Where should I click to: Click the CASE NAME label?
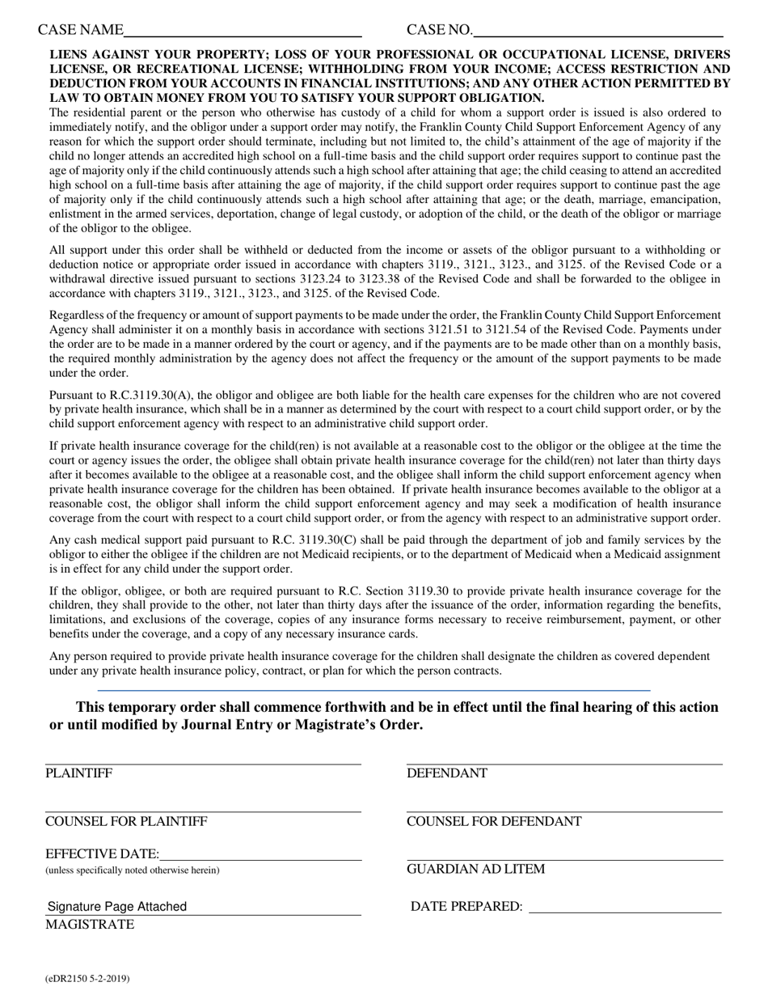click(80, 31)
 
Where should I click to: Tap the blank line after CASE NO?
click(597, 32)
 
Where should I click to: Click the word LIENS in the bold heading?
click(69, 56)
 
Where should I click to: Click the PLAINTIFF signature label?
click(78, 773)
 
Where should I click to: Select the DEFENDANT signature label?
click(447, 773)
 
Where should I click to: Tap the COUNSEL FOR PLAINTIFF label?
click(126, 822)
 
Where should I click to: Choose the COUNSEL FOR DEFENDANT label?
click(494, 822)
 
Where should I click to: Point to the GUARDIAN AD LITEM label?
click(475, 870)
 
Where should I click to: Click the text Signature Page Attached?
click(117, 907)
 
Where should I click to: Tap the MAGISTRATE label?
click(90, 925)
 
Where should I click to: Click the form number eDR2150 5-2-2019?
click(87, 978)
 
